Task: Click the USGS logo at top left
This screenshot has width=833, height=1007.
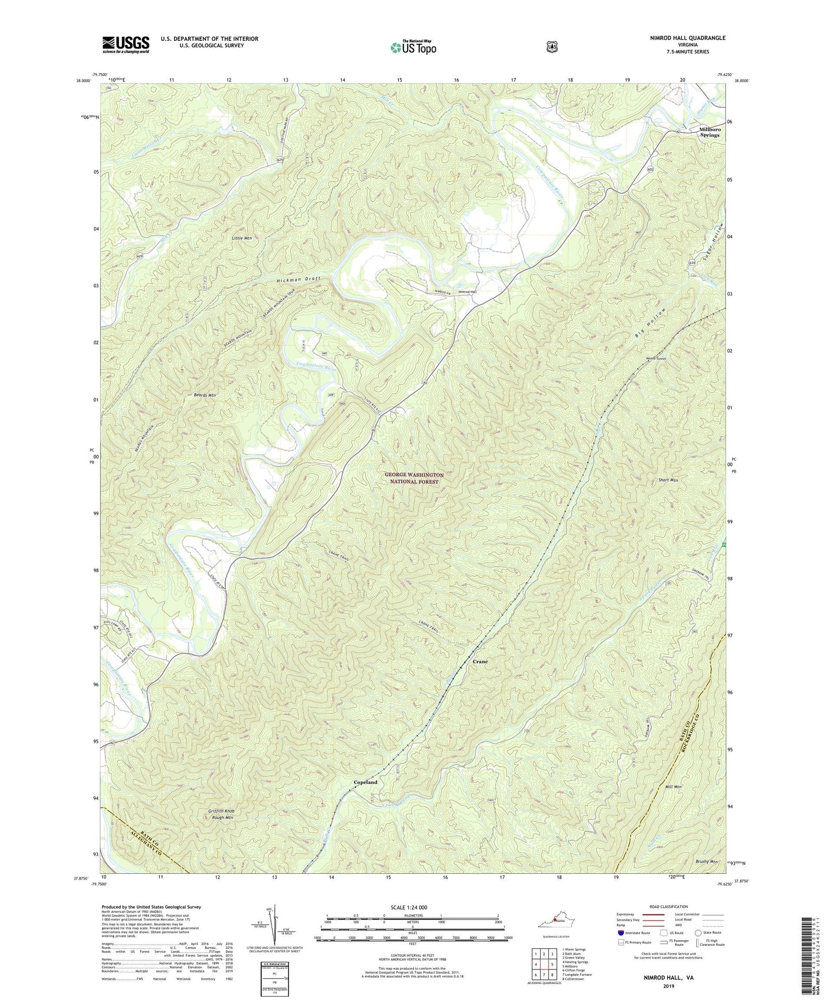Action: click(126, 44)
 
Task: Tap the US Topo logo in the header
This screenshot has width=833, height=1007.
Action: click(413, 47)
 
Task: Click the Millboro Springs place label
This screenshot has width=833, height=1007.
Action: click(709, 132)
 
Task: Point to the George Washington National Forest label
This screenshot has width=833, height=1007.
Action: click(414, 478)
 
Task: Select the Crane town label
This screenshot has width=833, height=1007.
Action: click(480, 662)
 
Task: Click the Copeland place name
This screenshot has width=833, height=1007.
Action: click(365, 782)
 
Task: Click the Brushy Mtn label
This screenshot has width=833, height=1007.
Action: click(706, 862)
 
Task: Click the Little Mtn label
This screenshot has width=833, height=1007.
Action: click(242, 238)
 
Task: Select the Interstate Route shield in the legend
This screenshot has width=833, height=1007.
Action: click(620, 932)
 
